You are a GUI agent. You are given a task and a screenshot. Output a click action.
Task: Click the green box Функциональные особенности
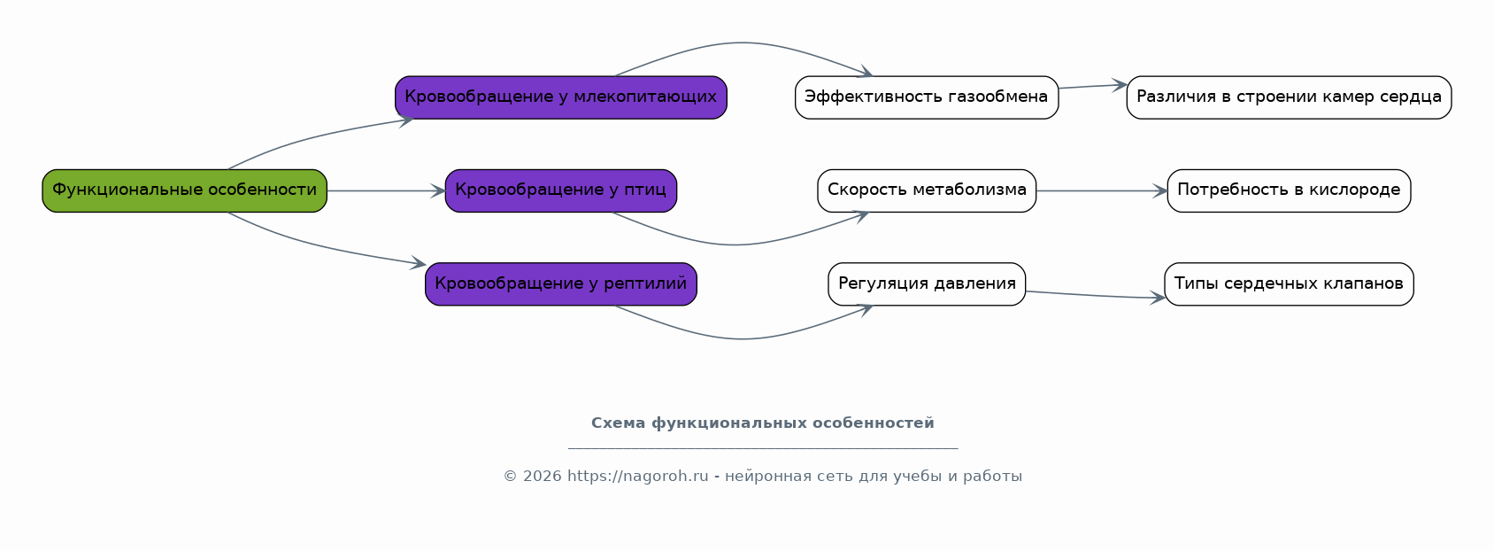[x=185, y=191]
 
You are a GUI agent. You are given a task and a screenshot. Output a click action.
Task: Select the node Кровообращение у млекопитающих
[x=561, y=97]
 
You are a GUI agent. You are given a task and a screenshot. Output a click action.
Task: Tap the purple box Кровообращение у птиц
[x=561, y=191]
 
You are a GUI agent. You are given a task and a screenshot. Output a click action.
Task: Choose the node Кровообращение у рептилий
[x=561, y=283]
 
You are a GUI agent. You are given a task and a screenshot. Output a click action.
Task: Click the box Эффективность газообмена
[x=927, y=97]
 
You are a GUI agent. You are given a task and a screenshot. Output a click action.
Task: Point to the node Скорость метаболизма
[x=927, y=191]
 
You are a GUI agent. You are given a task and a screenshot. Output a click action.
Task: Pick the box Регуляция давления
[x=927, y=283]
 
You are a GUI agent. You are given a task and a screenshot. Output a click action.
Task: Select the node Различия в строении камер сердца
[x=1289, y=97]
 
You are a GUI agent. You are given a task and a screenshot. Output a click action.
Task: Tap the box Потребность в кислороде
[x=1289, y=191]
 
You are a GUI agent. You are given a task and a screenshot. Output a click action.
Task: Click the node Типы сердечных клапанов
[x=1289, y=283]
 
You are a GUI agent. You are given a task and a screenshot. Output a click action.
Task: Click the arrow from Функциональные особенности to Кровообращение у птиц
[x=386, y=191]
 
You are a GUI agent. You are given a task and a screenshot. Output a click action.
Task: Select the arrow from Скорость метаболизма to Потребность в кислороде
[x=1102, y=191]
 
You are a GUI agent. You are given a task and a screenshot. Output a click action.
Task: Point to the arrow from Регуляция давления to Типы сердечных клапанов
[x=1095, y=295]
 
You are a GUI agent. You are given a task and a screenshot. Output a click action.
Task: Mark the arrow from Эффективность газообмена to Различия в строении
[x=1092, y=86]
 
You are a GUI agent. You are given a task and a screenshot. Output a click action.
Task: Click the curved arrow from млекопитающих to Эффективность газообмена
[x=742, y=43]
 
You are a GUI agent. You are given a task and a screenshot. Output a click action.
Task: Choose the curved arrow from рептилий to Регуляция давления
[x=742, y=338]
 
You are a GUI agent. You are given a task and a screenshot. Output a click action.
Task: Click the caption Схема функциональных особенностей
[x=762, y=423]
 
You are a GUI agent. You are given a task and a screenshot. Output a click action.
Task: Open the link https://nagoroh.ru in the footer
[x=637, y=477]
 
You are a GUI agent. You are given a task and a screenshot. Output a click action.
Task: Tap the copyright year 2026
[x=543, y=477]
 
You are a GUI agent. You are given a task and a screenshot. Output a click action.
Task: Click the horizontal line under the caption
[x=763, y=448]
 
